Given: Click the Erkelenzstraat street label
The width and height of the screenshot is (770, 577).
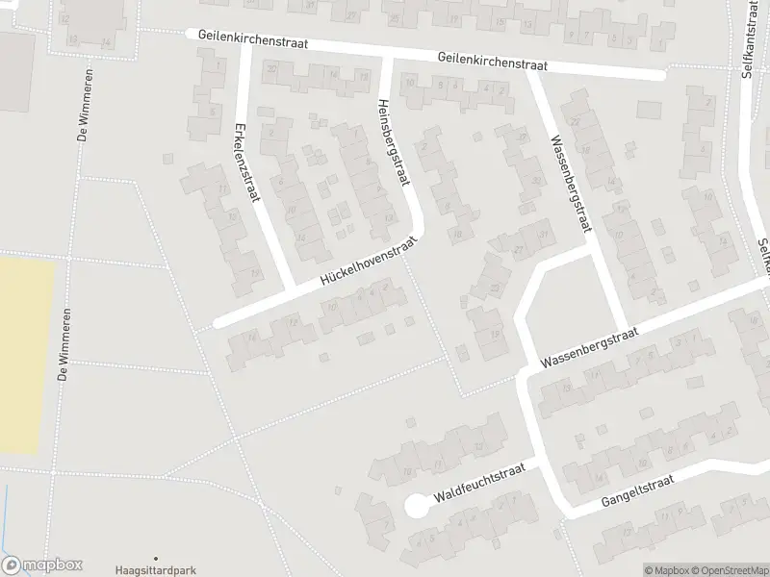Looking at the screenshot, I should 247,163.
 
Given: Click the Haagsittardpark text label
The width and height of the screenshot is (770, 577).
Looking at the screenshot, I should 155,569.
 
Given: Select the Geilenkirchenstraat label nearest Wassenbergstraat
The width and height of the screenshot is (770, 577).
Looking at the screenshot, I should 491,61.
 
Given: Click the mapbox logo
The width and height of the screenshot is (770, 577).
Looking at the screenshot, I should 42,565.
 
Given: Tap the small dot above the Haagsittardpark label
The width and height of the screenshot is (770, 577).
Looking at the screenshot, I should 155,557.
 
